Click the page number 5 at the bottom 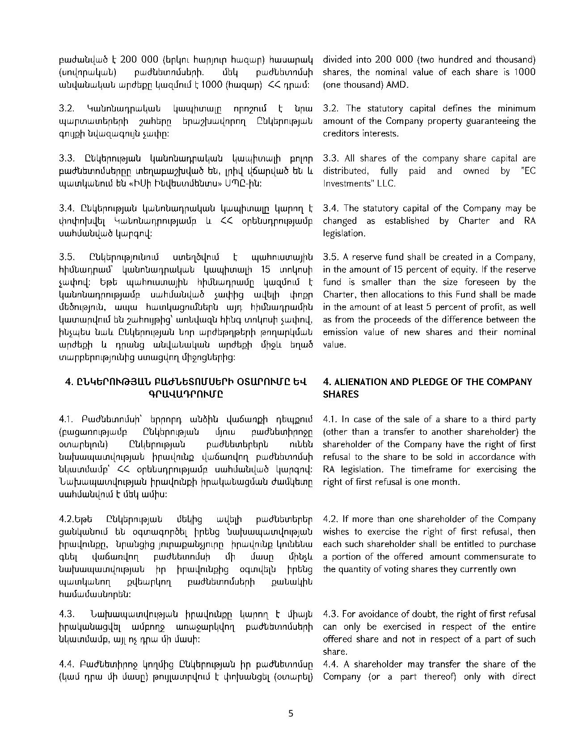pyautogui.click(x=291, y=713)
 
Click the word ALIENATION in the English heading pyautogui.click(x=358, y=382)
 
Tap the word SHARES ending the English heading pyautogui.click(x=341, y=394)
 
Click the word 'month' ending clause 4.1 pyautogui.click(x=447, y=482)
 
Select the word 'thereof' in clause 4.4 pyautogui.click(x=441, y=676)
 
